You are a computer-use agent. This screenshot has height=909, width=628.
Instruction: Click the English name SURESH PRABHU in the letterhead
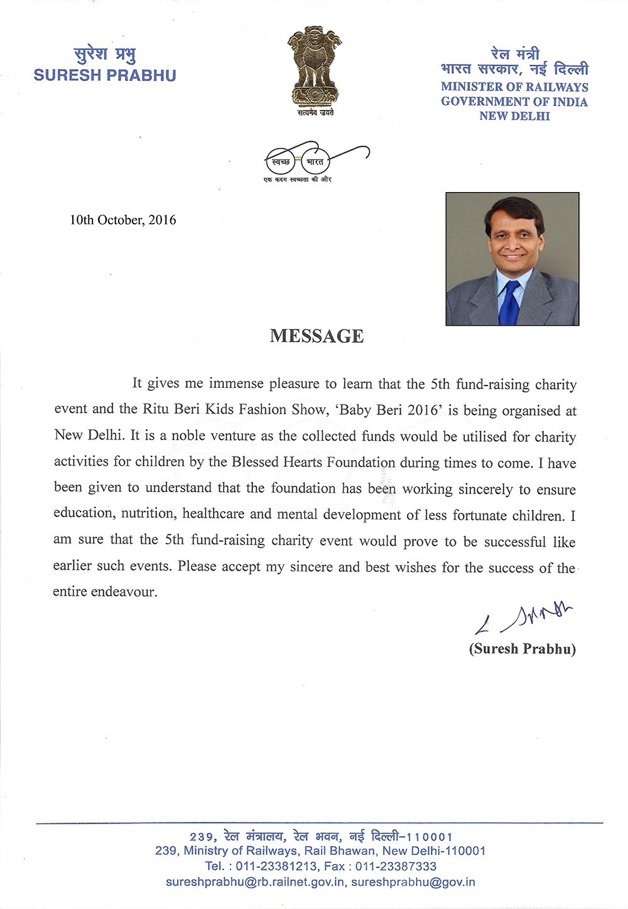[105, 75]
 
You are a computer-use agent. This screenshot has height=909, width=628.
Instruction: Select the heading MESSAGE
[317, 336]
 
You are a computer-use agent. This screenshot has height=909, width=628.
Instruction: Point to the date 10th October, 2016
[122, 220]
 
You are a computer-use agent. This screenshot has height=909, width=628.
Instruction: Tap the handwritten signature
[524, 618]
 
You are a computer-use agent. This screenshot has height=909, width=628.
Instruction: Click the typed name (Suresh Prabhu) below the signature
[522, 648]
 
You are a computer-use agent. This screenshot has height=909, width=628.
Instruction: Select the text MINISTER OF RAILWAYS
[514, 87]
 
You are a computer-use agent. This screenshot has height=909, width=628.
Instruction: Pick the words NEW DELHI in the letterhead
[514, 116]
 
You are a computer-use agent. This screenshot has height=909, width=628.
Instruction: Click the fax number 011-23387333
[396, 866]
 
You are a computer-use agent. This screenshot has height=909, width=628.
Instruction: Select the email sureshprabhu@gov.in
[413, 882]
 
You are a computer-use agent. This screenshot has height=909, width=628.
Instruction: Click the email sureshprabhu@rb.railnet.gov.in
[255, 882]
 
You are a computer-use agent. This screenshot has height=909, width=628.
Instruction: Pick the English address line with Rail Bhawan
[320, 851]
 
